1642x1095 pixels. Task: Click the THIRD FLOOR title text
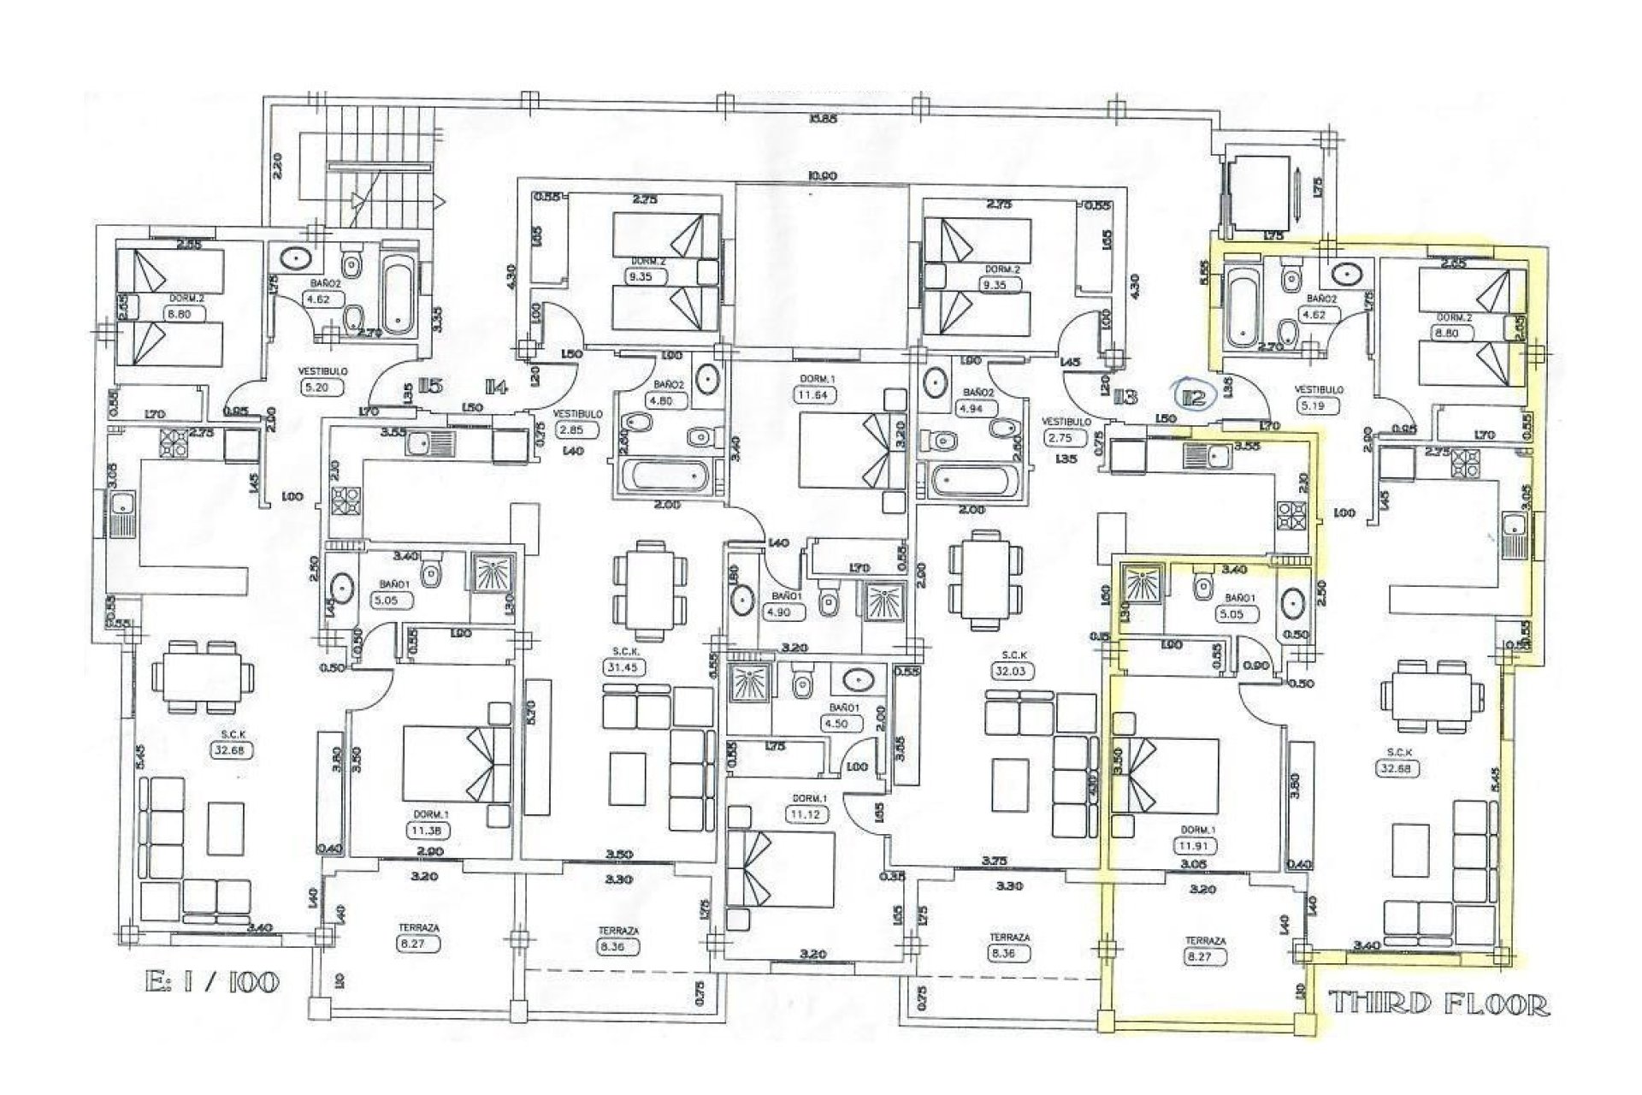(1438, 1004)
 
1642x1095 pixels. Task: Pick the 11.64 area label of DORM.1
(812, 395)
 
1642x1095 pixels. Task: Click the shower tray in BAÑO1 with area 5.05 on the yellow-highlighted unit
(1138, 585)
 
